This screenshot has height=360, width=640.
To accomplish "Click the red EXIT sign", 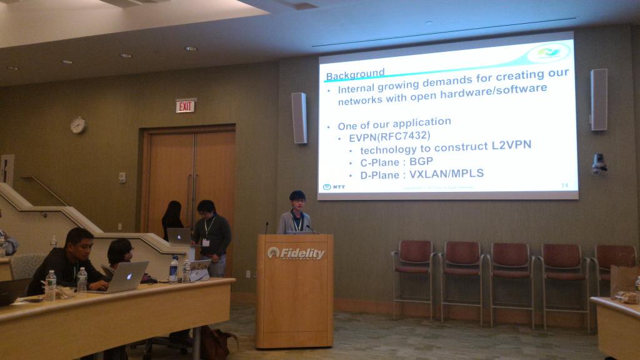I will [185, 106].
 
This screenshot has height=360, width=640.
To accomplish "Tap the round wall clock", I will [78, 125].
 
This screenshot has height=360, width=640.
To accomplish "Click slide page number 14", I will [564, 185].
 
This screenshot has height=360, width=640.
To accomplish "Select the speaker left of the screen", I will [299, 117].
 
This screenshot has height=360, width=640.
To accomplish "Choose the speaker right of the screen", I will [599, 99].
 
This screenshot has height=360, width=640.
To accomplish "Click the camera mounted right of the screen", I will [599, 164].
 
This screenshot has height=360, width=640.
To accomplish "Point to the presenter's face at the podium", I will [298, 202].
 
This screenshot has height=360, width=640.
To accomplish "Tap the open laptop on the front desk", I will [127, 277].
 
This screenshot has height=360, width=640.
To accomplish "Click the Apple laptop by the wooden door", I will [179, 236].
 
